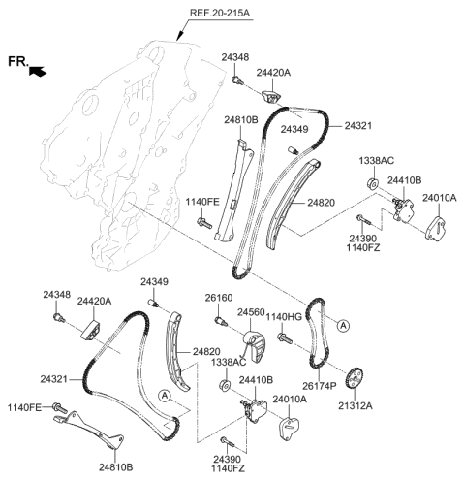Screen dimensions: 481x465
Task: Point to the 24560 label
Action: [253, 314]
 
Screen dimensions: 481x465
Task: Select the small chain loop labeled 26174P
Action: [318, 335]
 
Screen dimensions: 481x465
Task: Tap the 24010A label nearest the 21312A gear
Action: [290, 399]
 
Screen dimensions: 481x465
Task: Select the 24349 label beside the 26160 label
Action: [154, 282]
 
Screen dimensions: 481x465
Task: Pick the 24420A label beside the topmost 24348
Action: [273, 73]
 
